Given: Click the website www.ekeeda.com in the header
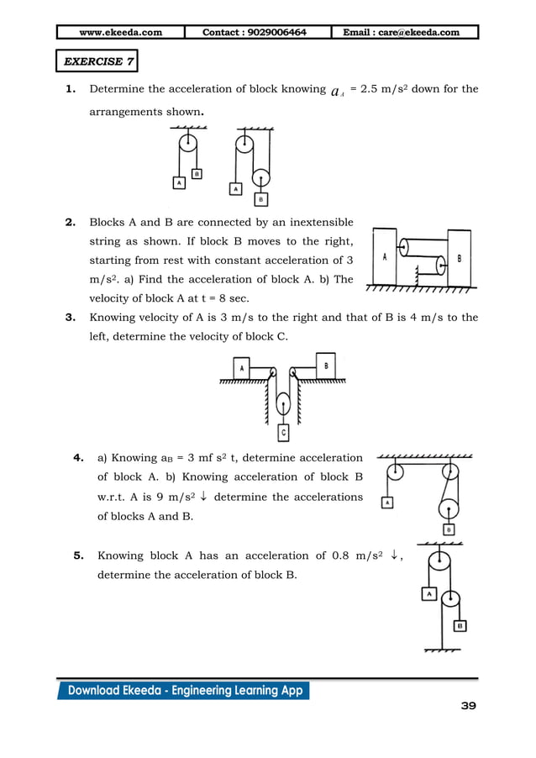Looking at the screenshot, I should (120, 33).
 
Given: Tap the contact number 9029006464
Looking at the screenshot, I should (255, 33).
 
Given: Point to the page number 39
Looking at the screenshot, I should (468, 706).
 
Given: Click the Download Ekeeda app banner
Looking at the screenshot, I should (184, 691).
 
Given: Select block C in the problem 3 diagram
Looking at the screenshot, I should (283, 434).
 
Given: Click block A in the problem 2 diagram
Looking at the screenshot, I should (384, 258).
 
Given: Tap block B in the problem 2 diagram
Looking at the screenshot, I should (459, 258).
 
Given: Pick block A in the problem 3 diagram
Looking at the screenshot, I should (241, 368).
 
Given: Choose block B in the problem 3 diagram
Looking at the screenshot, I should (325, 366).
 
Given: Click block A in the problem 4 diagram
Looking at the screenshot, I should (387, 503).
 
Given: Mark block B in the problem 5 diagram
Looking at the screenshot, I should (460, 626).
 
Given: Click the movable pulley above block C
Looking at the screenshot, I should (283, 401).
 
